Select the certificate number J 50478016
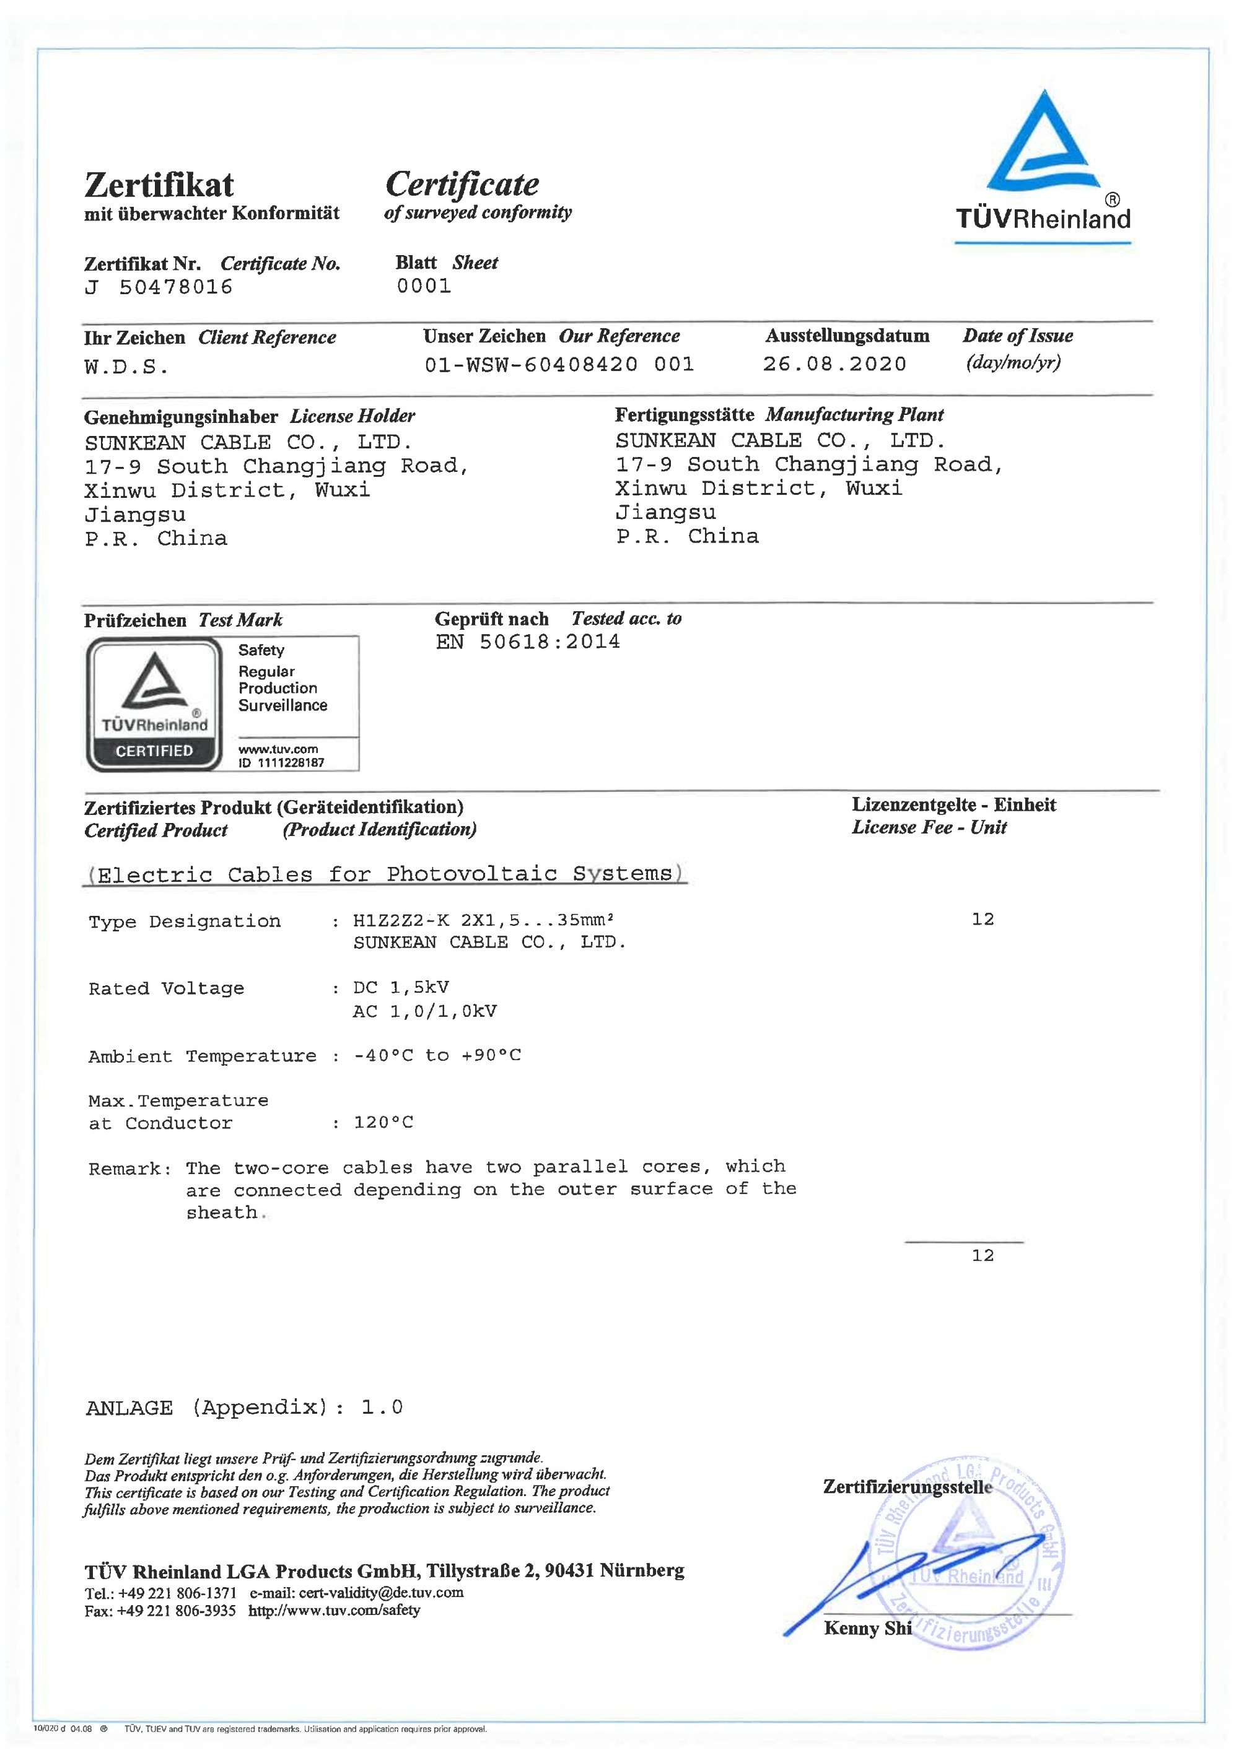pyautogui.click(x=158, y=287)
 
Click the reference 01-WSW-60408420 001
pyautogui.click(x=559, y=365)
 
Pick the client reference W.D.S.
pyautogui.click(x=126, y=367)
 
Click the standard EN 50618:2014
pyautogui.click(x=527, y=642)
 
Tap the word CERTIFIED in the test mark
pyautogui.click(x=154, y=751)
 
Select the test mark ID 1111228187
pyautogui.click(x=281, y=762)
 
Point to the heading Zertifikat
pyautogui.click(x=159, y=185)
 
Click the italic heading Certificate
pyautogui.click(x=462, y=184)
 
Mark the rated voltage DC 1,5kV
pyautogui.click(x=401, y=988)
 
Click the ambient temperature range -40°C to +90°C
pyautogui.click(x=437, y=1055)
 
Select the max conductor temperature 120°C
pyautogui.click(x=383, y=1123)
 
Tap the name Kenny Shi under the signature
pyautogui.click(x=867, y=1629)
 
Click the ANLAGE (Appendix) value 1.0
pyautogui.click(x=382, y=1407)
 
